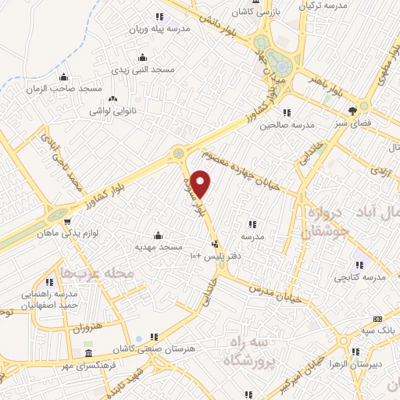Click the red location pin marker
tap(202, 183)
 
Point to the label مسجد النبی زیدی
tap(141, 70)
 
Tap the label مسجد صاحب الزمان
tap(71, 90)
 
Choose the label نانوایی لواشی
tap(113, 111)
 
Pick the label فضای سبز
tap(352, 123)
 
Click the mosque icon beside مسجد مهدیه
tap(159, 235)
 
